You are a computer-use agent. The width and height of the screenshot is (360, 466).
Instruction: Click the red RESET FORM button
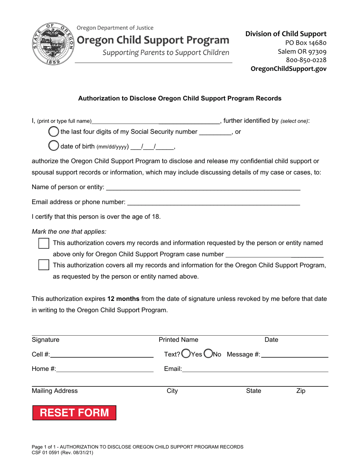[x=75, y=413]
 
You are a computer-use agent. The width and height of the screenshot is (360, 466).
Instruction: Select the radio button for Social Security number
[x=54, y=132]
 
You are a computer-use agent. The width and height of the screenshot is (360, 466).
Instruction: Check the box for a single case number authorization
[x=44, y=244]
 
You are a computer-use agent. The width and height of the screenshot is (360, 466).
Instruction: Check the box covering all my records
[x=44, y=265]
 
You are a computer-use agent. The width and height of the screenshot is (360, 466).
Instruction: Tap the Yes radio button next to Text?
[x=186, y=354]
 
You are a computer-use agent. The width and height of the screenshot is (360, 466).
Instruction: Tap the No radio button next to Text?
[x=208, y=354]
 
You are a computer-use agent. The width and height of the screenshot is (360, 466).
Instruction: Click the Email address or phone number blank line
[x=213, y=203]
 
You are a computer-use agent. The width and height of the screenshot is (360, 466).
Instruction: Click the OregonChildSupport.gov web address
[x=288, y=69]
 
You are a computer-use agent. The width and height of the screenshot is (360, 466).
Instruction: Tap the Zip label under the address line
[x=300, y=391]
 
